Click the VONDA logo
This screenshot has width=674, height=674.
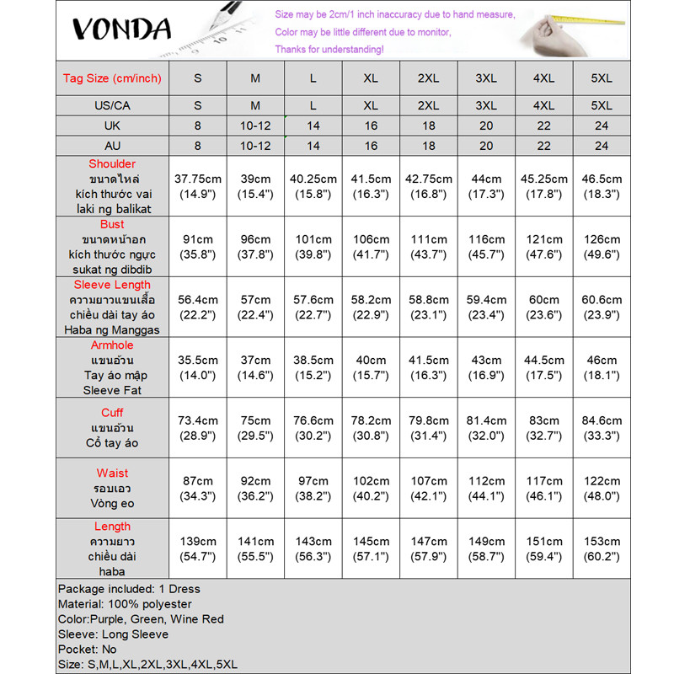[x=121, y=29]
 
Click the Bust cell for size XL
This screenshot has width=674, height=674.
[x=371, y=246]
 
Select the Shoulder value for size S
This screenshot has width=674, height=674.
[x=197, y=186]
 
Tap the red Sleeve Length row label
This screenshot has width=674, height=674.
[x=112, y=285]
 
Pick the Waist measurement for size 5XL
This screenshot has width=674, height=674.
[x=602, y=489]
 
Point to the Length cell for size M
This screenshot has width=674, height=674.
[x=255, y=549]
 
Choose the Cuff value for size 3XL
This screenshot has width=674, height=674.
[x=486, y=428]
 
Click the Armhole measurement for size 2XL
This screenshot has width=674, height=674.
[x=428, y=367]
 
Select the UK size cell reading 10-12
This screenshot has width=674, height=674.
[x=255, y=125]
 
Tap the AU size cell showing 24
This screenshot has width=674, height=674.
[x=602, y=145]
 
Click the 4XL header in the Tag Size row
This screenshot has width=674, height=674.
[x=543, y=78]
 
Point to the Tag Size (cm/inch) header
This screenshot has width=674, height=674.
[x=112, y=78]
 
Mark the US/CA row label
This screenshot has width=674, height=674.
[x=112, y=105]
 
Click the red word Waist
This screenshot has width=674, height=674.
[x=112, y=473]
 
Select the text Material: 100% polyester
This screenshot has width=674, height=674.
[x=125, y=604]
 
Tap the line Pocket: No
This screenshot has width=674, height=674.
[x=88, y=650]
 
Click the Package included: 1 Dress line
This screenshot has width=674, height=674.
[x=129, y=589]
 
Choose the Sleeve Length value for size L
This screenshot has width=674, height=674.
[x=313, y=307]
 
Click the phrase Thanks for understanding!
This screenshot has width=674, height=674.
[x=329, y=50]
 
